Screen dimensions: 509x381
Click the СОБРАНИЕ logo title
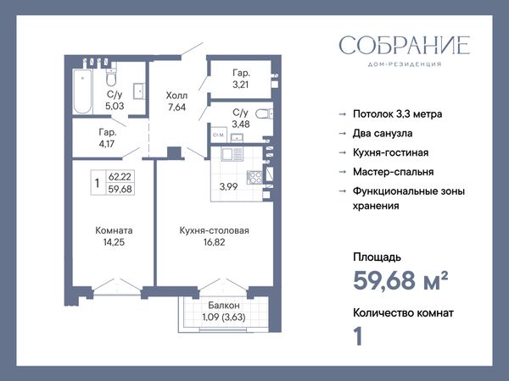click(405, 46)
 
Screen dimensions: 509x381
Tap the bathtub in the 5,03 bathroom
click(82, 91)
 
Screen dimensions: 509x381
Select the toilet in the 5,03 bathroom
click(111, 76)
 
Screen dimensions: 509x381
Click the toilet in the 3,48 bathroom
click(265, 113)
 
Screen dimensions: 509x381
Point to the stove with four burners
click(255, 177)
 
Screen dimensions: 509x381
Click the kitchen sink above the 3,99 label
click(232, 154)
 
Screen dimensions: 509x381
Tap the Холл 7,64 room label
click(176, 101)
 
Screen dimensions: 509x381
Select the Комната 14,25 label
click(114, 236)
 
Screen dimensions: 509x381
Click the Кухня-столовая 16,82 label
click(215, 236)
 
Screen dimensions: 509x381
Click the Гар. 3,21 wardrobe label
click(241, 79)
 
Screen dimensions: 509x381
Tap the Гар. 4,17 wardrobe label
click(107, 138)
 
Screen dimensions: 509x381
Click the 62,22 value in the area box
click(120, 177)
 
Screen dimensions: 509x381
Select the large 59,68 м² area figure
click(400, 280)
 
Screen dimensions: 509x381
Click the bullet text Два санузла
click(383, 134)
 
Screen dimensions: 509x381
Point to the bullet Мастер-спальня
click(393, 172)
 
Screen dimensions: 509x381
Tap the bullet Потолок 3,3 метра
click(397, 114)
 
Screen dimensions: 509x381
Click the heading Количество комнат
click(403, 313)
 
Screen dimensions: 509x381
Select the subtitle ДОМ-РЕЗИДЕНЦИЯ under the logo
click(405, 64)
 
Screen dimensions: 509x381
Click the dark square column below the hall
click(174, 152)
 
